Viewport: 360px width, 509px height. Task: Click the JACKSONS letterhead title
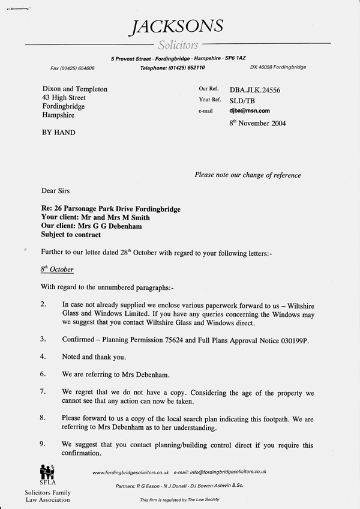pos(179,26)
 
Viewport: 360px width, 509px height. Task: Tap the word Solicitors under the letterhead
pos(178,45)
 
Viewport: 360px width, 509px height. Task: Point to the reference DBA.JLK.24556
pos(254,90)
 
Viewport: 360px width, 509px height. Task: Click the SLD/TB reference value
pos(241,100)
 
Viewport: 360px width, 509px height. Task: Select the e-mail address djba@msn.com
pos(250,111)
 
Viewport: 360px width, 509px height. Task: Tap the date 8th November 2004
pos(258,124)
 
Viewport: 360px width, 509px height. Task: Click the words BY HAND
pos(59,132)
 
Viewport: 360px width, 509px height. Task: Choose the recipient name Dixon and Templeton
pos(75,89)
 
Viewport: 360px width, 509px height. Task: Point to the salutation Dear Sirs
pos(55,191)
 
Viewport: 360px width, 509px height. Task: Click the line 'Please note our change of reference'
pos(248,175)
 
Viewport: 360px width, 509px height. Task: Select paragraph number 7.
pos(43,391)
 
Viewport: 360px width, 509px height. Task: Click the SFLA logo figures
pos(47,471)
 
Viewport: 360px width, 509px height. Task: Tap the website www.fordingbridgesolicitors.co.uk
pos(131,473)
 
